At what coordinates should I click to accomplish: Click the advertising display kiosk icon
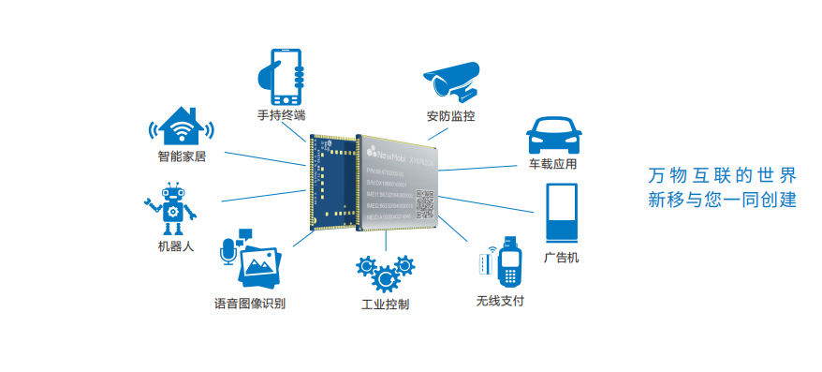pos(561,215)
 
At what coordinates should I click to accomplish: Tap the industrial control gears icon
pos(384,272)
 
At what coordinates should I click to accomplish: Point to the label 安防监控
pos(450,117)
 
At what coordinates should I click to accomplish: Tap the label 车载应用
pos(552,164)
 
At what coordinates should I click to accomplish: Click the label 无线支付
pos(499,301)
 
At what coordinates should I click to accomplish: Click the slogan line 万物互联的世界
pos(722,176)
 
